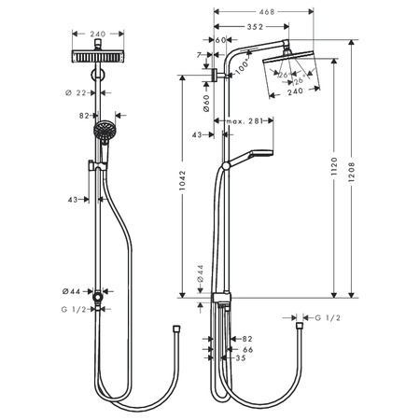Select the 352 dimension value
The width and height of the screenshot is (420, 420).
247,26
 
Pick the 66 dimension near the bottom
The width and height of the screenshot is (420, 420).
248,348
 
